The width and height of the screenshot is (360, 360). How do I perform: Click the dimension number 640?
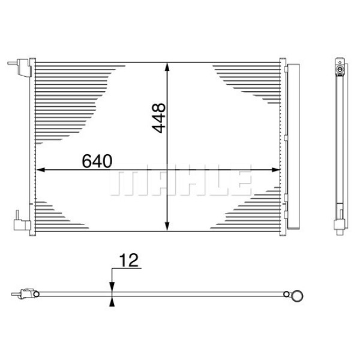[x=96, y=161]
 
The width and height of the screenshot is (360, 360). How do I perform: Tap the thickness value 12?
[x=128, y=260]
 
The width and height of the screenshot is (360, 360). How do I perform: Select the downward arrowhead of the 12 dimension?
[x=111, y=287]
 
